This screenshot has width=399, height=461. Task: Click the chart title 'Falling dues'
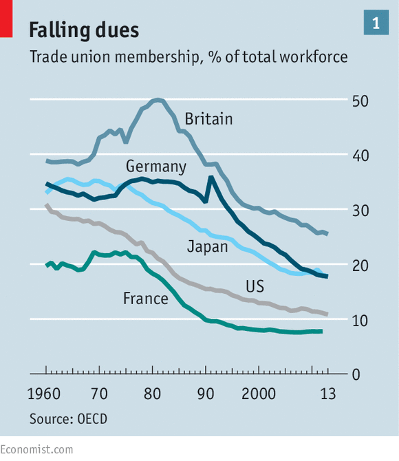coord(84,30)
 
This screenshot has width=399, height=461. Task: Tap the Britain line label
coord(208,119)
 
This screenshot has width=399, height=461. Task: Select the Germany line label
coord(156,167)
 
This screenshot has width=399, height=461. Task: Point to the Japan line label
coord(208,246)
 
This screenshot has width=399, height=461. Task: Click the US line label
coord(255,286)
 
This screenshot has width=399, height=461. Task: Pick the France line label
coord(146,299)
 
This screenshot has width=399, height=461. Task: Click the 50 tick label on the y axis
coord(360,101)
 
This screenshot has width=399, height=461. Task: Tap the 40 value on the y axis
coord(360,156)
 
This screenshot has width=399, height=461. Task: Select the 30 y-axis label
coord(360,211)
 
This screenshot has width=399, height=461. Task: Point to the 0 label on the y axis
coord(356,375)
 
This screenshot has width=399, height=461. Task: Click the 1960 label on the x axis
coord(44,394)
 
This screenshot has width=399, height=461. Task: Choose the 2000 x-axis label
coord(259,394)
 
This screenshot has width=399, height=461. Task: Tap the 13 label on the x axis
coord(328,394)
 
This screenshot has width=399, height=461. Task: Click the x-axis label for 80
coord(152,394)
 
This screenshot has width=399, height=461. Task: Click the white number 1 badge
coord(376,22)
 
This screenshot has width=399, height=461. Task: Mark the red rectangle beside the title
coord(6,19)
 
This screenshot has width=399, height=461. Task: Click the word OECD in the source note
coord(92,419)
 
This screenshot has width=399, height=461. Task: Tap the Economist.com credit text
coord(36,450)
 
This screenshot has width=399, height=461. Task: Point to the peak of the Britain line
coord(158,100)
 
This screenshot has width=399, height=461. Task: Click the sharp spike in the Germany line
coord(211,177)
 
